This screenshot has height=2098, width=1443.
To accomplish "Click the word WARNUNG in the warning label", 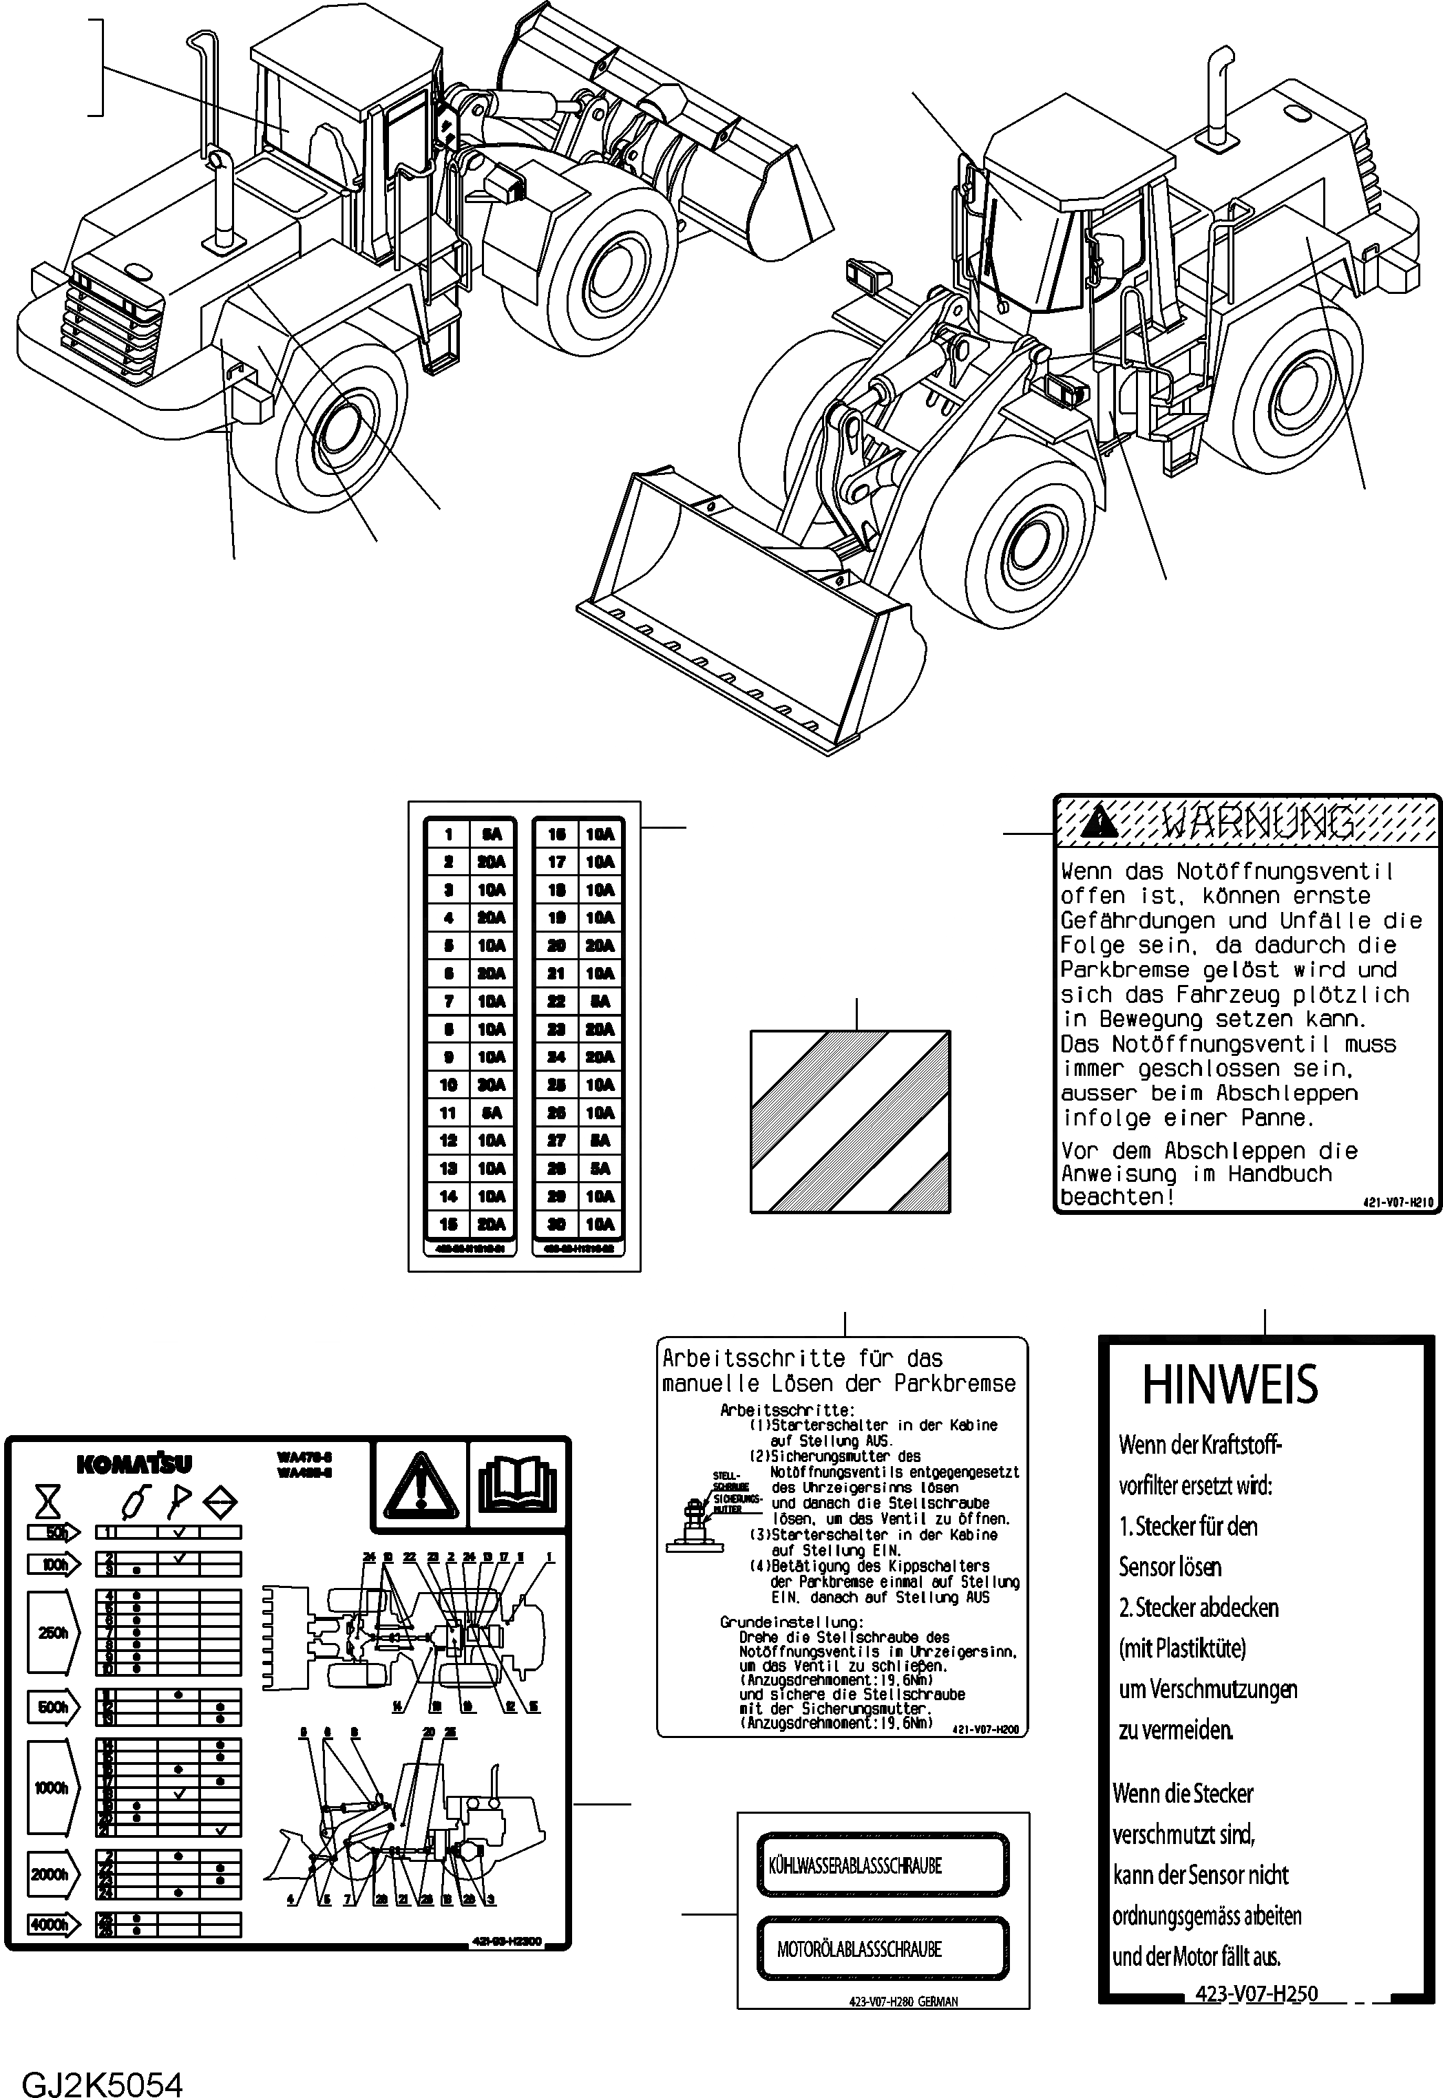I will [1259, 823].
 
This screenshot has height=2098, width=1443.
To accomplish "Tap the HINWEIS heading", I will [1230, 1384].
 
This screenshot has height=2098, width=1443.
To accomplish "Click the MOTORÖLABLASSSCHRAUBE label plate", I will [881, 1948].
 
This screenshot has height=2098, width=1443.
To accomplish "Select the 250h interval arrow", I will [53, 1633].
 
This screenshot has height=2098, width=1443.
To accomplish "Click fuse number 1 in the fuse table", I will [448, 834].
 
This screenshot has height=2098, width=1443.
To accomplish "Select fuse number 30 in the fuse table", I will [557, 1224].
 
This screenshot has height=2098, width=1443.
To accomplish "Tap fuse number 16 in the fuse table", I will [557, 834].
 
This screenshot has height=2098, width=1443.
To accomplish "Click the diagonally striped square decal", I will [850, 1121].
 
